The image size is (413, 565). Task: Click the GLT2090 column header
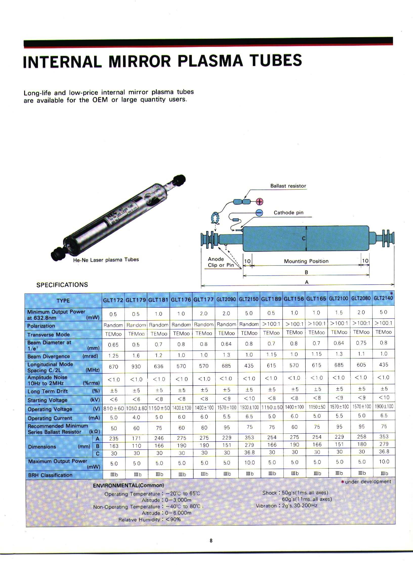pyautogui.click(x=226, y=300)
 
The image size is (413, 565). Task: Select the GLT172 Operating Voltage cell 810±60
pyautogui.click(x=114, y=408)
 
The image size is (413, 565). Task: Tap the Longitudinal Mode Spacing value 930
pyautogui.click(x=136, y=366)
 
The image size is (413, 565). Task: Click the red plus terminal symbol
pyautogui.click(x=260, y=201)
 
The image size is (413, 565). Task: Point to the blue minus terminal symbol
pyautogui.click(x=259, y=213)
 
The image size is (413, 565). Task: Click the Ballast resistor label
pyautogui.click(x=288, y=186)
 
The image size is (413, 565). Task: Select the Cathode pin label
pyautogui.click(x=288, y=213)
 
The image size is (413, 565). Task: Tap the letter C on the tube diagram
pyautogui.click(x=304, y=238)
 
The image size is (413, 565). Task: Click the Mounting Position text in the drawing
pyautogui.click(x=306, y=261)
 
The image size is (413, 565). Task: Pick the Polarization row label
pyautogui.click(x=41, y=326)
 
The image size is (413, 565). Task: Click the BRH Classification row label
pyautogui.click(x=50, y=475)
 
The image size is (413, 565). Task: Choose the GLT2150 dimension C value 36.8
pyautogui.click(x=249, y=452)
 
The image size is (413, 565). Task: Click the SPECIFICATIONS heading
pyautogui.click(x=62, y=285)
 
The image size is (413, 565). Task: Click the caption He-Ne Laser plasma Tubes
pyautogui.click(x=106, y=260)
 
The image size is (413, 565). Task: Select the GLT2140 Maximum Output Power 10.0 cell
pyautogui.click(x=384, y=462)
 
